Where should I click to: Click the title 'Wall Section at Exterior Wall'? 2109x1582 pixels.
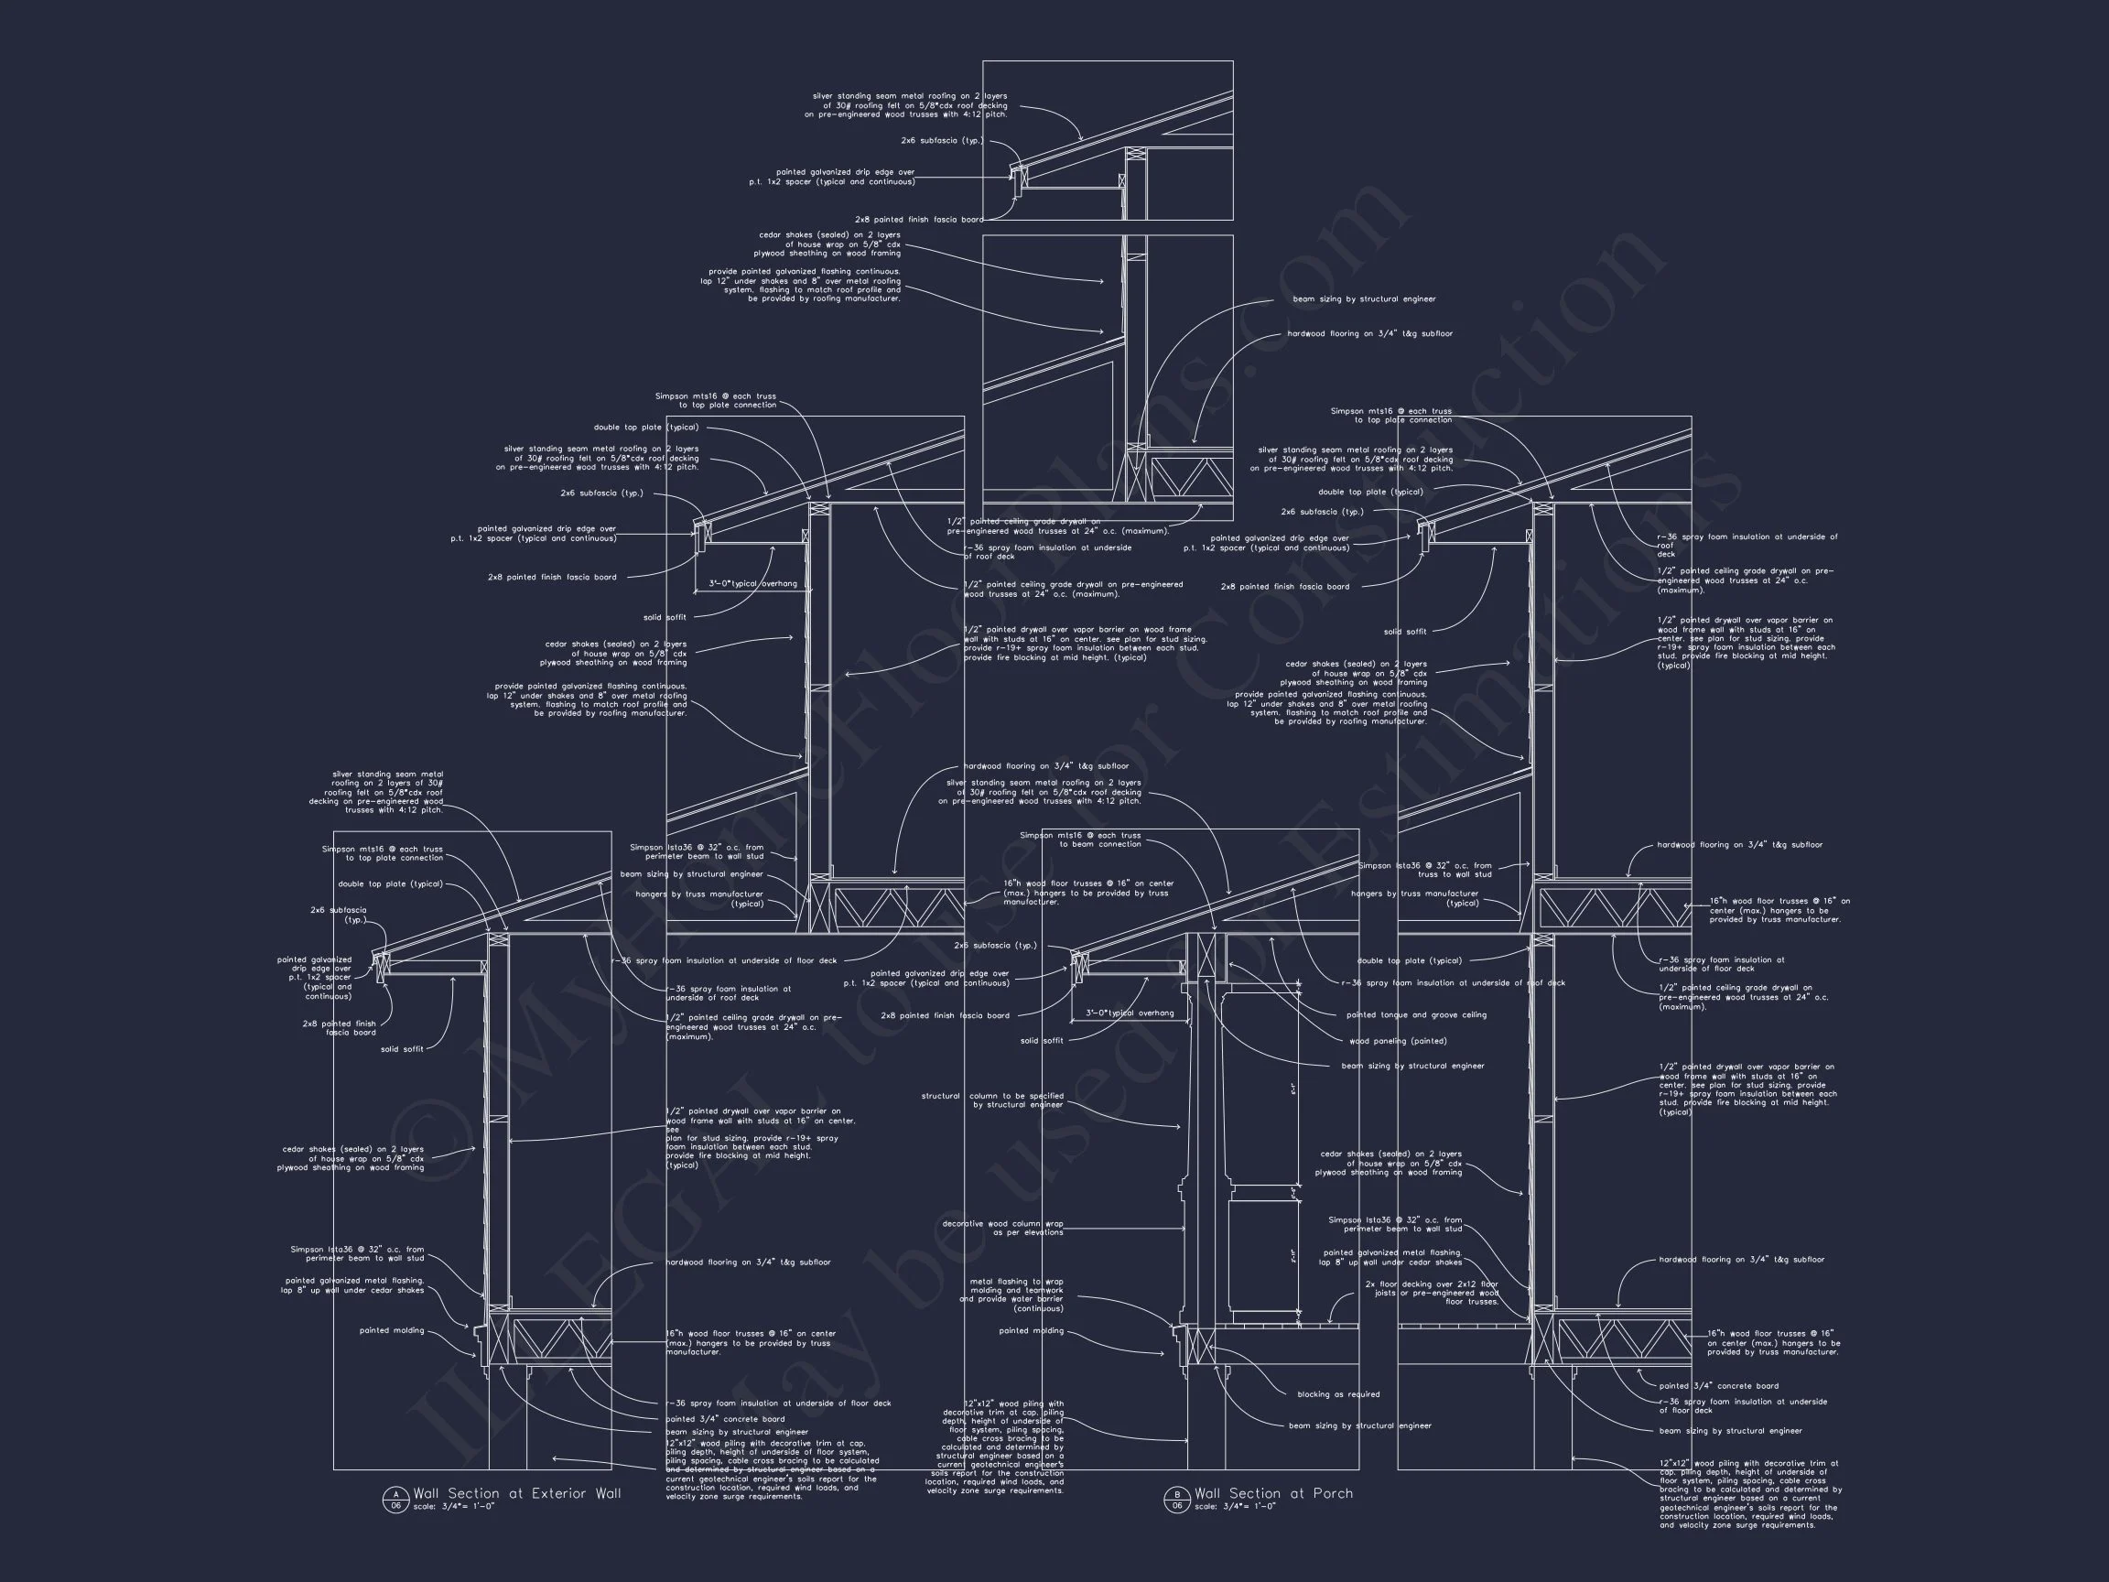pyautogui.click(x=517, y=1493)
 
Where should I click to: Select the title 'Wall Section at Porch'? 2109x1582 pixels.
pyautogui.click(x=1273, y=1493)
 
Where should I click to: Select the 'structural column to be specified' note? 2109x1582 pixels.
pyautogui.click(x=991, y=1100)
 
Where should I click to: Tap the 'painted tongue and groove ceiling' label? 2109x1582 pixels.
pyautogui.click(x=1416, y=1014)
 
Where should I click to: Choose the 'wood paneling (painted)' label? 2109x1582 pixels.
pyautogui.click(x=1398, y=1040)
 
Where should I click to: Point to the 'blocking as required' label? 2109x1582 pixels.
pyautogui.click(x=1337, y=1394)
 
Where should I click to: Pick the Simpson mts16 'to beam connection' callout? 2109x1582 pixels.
pyautogui.click(x=1079, y=840)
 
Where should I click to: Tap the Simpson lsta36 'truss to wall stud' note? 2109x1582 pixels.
pyautogui.click(x=1424, y=870)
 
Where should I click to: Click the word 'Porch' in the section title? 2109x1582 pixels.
pyautogui.click(x=1332, y=1493)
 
